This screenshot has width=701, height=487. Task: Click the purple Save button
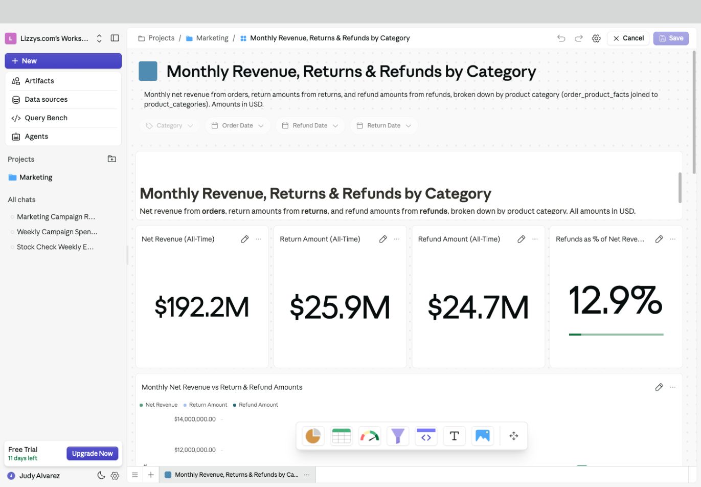[671, 38]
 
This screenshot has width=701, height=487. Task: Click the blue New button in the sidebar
[63, 61]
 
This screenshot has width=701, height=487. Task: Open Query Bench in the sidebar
[46, 118]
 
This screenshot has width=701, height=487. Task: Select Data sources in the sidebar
[46, 99]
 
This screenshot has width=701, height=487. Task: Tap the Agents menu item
[36, 136]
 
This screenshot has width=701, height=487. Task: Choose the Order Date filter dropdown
[237, 125]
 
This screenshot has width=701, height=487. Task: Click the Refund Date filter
[310, 125]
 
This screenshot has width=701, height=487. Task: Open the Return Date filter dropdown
[383, 125]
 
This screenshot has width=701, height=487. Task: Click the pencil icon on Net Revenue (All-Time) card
[245, 239]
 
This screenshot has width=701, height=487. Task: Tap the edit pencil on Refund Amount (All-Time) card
[521, 239]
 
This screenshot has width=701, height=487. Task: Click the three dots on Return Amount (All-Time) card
[396, 239]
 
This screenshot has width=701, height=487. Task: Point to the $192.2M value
[202, 307]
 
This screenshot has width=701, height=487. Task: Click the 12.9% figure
[615, 300]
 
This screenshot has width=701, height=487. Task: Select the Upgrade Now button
[93, 453]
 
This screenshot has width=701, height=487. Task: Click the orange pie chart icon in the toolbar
[313, 436]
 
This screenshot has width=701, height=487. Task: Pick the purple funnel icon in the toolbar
[397, 436]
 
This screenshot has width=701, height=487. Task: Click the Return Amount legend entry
[206, 405]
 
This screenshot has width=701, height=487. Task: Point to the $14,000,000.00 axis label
[195, 419]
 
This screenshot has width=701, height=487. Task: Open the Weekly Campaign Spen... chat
[57, 232]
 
